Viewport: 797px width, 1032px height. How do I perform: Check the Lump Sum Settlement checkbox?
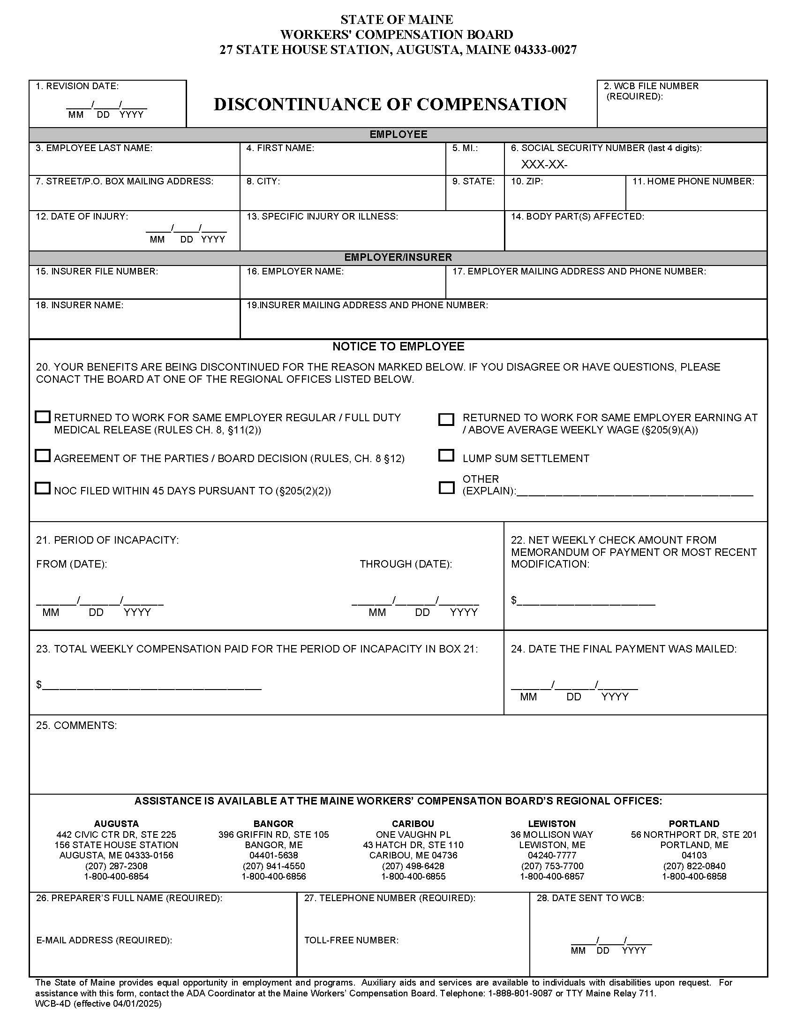446,455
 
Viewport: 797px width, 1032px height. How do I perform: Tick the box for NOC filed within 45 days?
43,488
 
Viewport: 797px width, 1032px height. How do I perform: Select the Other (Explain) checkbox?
446,488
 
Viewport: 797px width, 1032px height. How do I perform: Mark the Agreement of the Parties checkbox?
43,455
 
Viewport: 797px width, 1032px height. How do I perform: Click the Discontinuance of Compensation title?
390,105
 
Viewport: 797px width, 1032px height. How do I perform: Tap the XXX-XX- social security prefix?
544,165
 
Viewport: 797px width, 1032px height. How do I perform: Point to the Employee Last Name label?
94,148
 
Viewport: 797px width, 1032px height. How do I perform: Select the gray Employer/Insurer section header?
398,257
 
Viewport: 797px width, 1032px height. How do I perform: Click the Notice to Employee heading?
398,346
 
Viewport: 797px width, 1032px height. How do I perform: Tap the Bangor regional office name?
273,824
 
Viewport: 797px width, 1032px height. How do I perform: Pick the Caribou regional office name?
413,824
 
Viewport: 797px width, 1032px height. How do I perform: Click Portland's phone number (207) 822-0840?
694,866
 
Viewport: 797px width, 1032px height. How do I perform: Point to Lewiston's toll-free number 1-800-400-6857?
552,877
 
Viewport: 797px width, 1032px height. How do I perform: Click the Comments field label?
76,725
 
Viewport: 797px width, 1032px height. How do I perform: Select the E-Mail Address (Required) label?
104,941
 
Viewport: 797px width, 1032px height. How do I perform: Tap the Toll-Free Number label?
351,941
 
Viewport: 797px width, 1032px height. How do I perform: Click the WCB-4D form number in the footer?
50,1004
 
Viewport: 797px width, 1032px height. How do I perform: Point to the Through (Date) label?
406,564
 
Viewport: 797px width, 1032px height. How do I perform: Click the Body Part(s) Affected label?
577,216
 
